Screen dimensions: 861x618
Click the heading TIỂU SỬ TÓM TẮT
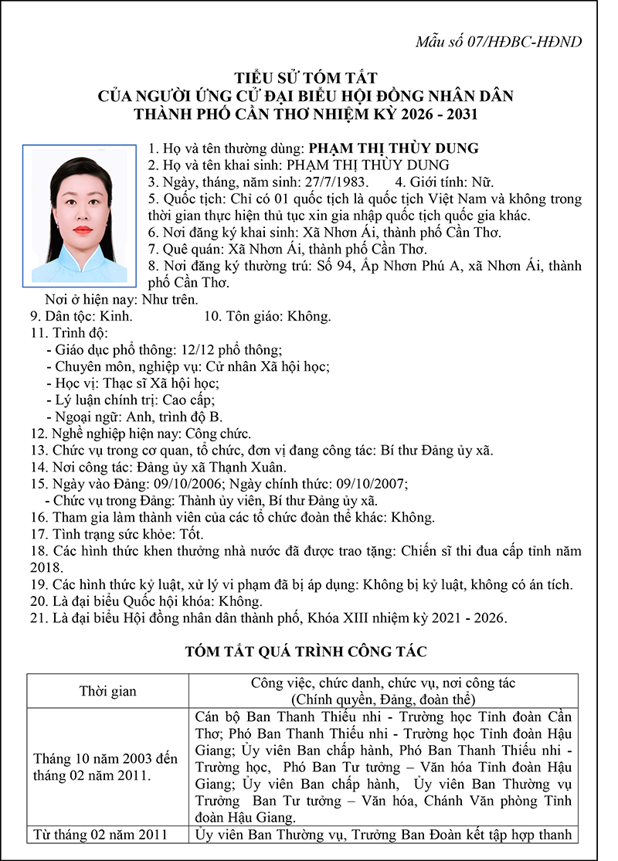coord(306,78)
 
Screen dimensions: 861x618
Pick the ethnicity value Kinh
coord(117,316)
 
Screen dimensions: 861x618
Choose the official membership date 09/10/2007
coord(372,485)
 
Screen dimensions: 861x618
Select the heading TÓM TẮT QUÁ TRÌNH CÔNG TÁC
coord(306,652)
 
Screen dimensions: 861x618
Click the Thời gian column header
coord(108,691)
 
